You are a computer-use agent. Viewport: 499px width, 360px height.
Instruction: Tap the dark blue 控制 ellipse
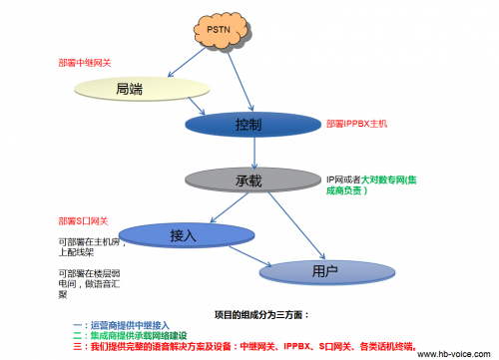249,126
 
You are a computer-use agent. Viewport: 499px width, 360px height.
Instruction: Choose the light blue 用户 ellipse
317,269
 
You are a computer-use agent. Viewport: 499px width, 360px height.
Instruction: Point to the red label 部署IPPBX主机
363,124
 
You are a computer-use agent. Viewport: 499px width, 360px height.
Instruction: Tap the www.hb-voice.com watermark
455,353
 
